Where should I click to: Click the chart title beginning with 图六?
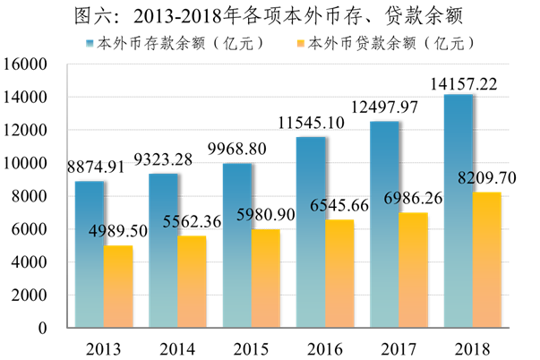click(270, 15)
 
